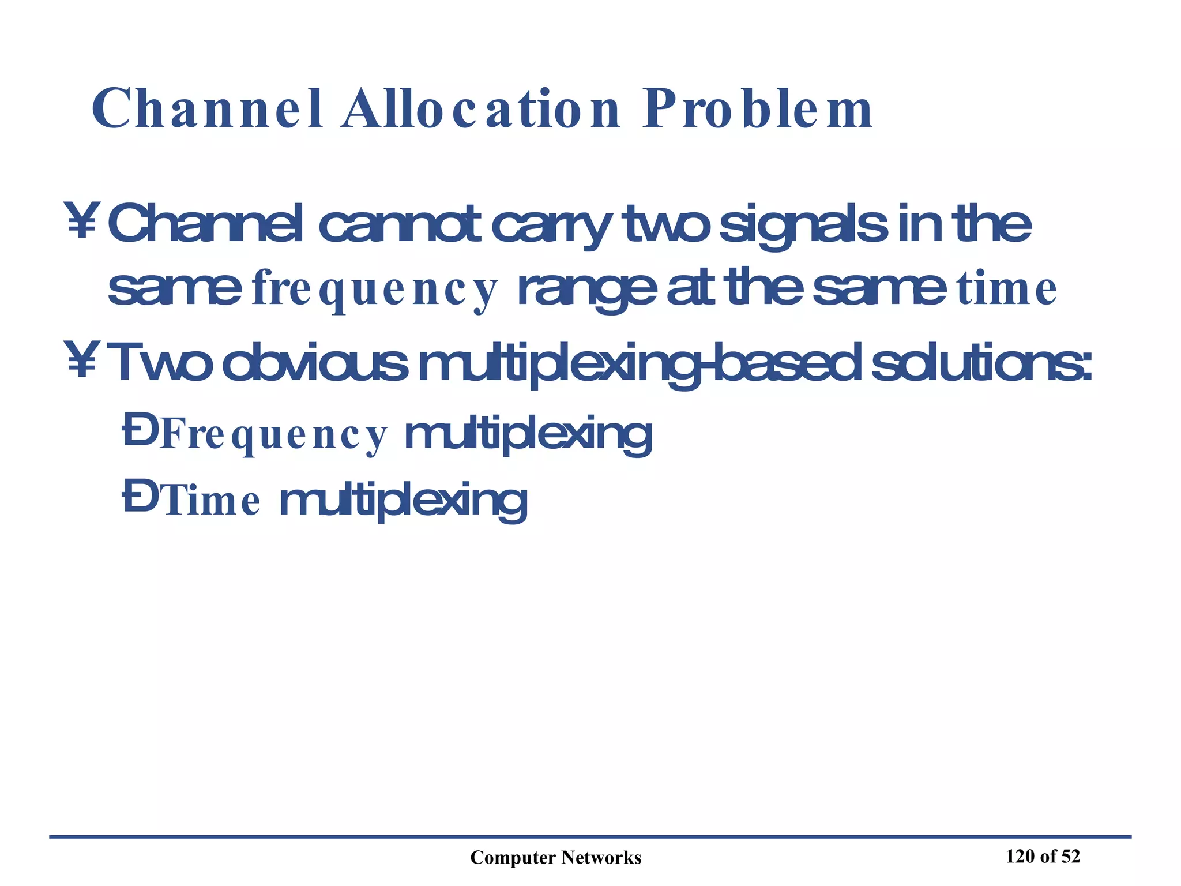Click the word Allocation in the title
click(x=480, y=110)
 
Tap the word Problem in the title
click(x=758, y=110)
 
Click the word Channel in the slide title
click(x=208, y=110)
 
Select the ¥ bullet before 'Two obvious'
click(x=82, y=361)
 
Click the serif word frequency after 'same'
click(x=374, y=290)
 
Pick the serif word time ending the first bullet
click(x=1007, y=290)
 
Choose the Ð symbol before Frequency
click(x=140, y=433)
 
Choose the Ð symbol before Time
click(x=140, y=500)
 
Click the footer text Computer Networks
click(x=555, y=858)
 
